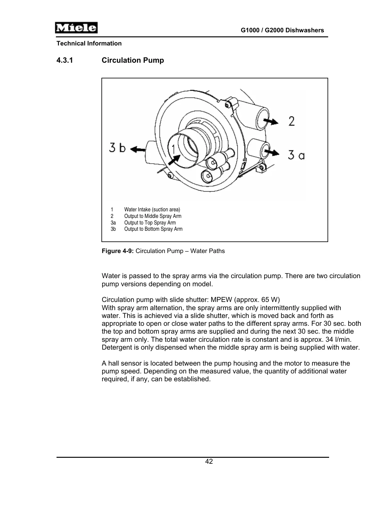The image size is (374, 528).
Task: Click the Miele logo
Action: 76,28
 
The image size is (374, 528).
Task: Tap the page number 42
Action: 209,462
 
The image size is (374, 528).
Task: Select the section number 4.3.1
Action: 65,60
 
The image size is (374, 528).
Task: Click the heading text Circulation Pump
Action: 133,60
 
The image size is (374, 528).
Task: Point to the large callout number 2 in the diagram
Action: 292,121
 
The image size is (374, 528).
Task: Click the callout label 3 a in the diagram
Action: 296,155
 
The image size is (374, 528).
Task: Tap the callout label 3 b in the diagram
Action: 117,147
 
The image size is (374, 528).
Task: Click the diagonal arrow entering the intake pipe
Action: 174,159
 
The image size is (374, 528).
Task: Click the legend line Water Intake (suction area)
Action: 152,209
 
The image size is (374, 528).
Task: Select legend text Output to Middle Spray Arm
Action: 153,216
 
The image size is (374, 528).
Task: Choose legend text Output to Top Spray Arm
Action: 150,223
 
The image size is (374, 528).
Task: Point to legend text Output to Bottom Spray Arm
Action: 153,229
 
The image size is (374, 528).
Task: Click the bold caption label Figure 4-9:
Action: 118,251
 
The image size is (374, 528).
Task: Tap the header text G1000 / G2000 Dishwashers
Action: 282,30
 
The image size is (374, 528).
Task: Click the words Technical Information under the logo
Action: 89,44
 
